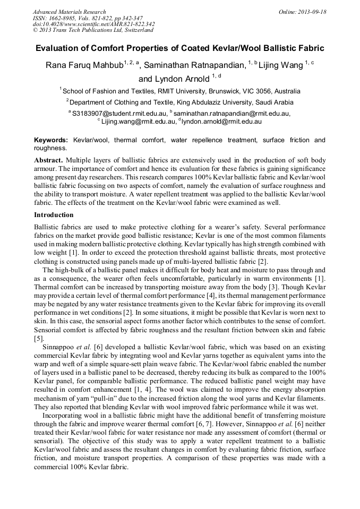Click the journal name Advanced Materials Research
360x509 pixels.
click(69, 12)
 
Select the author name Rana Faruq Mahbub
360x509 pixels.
click(84, 65)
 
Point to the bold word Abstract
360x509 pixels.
click(49, 160)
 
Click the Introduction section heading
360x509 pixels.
click(54, 215)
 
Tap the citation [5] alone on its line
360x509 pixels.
click(39, 338)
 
